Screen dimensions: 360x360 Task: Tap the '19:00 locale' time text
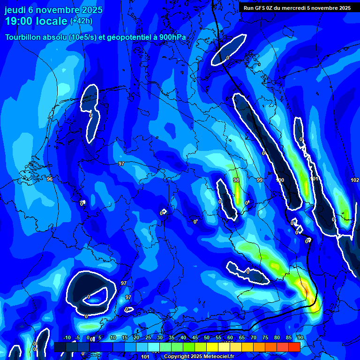pos(36,21)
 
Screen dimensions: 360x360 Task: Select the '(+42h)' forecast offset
pos(81,21)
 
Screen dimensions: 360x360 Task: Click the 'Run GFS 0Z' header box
pos(297,8)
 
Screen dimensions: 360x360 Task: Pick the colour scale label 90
pos(300,338)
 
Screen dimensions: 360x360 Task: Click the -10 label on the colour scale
pos(67,338)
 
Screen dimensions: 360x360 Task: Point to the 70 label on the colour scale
pos(253,338)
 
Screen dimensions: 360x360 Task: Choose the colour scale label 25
pos(148,338)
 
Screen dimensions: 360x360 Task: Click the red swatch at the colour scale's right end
pos(294,347)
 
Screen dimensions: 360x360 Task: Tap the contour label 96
pos(50,179)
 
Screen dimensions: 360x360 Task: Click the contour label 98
pos(236,180)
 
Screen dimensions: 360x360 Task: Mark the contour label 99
pos(260,180)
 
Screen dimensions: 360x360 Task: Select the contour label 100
pos(280,180)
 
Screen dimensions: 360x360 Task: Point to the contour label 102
pos(355,180)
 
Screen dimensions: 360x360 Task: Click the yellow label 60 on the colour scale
pos(230,338)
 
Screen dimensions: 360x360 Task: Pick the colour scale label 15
pos(124,338)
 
